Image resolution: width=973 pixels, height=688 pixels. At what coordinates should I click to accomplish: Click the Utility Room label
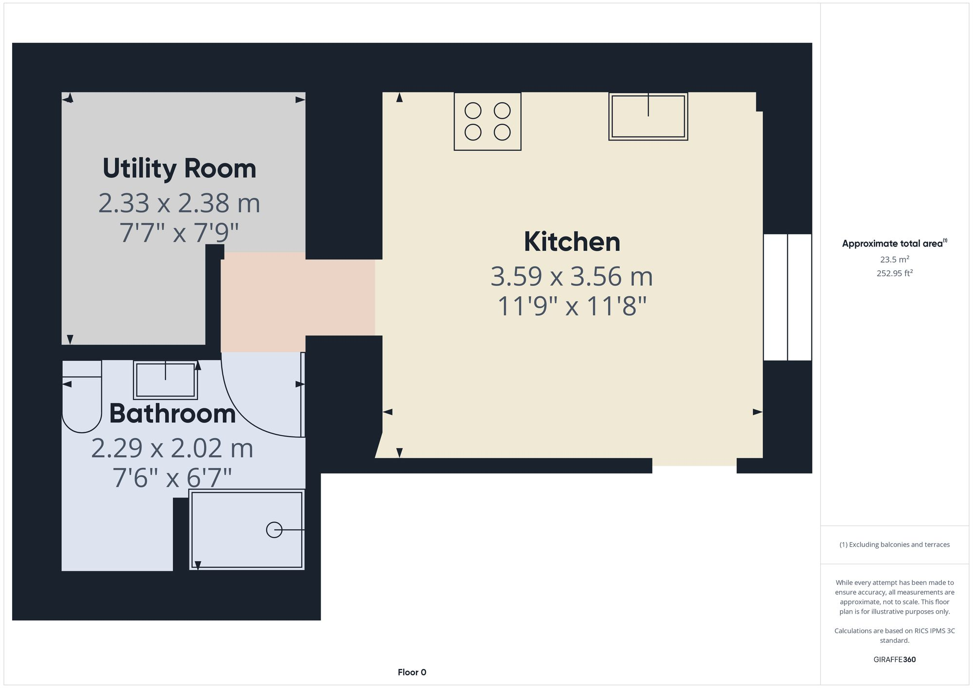click(179, 169)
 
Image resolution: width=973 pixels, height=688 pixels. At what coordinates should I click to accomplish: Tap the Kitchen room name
click(572, 242)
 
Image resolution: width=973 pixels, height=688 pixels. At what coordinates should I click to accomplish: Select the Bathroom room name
click(172, 414)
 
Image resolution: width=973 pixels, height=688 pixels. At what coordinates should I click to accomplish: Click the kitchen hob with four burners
click(487, 122)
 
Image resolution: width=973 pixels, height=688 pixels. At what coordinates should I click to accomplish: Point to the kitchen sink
click(648, 117)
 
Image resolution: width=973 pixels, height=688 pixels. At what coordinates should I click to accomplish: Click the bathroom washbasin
click(165, 380)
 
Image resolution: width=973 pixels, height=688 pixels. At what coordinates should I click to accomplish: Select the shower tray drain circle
click(274, 529)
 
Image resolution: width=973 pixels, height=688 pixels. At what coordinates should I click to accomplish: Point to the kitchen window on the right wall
click(787, 297)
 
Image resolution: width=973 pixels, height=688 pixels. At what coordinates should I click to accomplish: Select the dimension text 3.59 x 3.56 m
click(572, 277)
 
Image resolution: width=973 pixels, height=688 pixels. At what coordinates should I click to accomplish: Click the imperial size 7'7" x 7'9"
click(179, 233)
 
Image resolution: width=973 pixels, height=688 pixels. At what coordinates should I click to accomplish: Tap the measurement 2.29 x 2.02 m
click(172, 448)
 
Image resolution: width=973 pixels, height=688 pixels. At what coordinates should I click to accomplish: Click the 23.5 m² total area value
click(894, 260)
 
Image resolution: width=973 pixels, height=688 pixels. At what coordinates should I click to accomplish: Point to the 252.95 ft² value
click(894, 273)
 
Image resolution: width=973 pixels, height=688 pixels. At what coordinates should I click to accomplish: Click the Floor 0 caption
click(412, 672)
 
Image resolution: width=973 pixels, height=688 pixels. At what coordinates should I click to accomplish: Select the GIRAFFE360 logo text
click(894, 660)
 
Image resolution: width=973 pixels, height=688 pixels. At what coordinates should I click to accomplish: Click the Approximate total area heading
click(894, 244)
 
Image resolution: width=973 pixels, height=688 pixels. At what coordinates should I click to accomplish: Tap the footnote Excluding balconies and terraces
click(894, 545)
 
